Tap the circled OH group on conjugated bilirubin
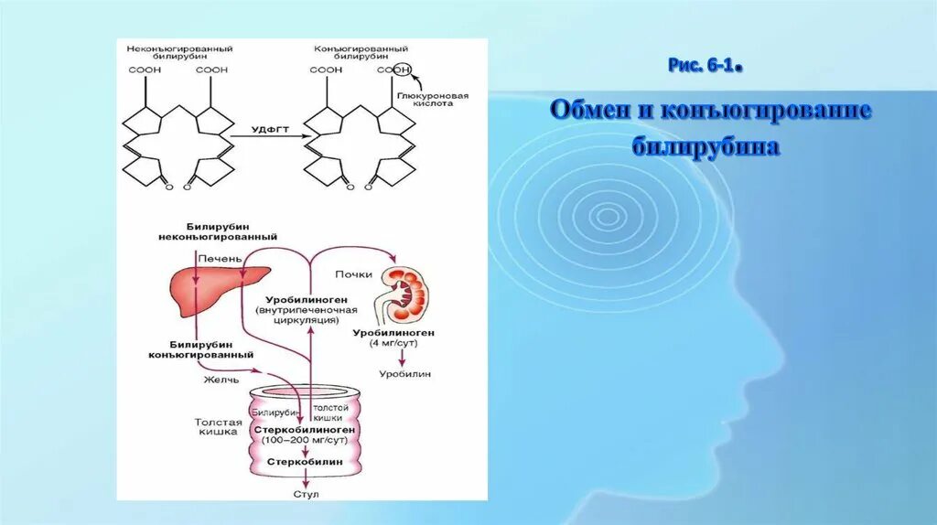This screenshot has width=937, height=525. [403, 70]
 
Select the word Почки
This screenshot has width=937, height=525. [352, 273]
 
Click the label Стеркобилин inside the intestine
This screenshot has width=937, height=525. [305, 463]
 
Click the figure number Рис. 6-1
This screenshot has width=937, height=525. [701, 66]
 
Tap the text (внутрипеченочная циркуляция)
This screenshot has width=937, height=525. [298, 316]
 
